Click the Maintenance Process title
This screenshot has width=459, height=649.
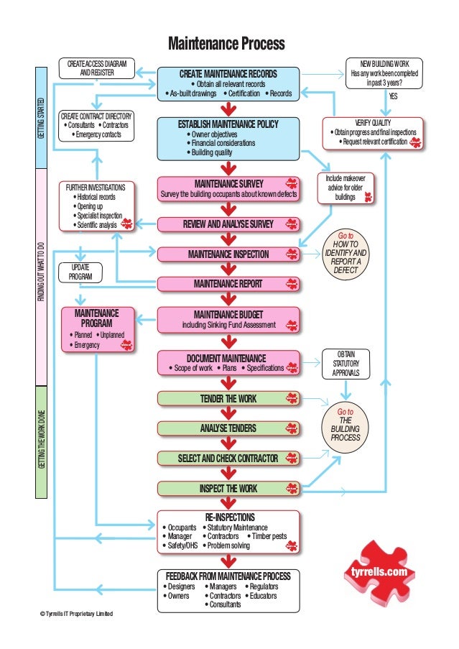point(226,45)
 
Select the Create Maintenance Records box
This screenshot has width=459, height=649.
point(228,83)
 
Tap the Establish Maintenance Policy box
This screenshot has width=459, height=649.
point(228,138)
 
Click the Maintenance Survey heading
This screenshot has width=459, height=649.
point(228,183)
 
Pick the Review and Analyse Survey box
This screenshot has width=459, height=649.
point(228,225)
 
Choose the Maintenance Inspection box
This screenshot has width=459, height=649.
point(228,254)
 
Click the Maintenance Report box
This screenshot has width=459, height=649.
point(228,283)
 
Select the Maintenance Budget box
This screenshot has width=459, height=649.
point(228,319)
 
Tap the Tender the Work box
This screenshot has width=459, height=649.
point(228,398)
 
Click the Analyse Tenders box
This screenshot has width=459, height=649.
point(228,428)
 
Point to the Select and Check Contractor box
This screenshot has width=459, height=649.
point(228,458)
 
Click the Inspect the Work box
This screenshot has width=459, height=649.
point(228,489)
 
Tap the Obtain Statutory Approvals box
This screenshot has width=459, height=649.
point(346,364)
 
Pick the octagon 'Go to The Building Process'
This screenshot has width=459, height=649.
point(346,425)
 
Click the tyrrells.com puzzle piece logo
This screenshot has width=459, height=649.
point(379,571)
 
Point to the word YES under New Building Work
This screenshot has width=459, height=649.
point(393,96)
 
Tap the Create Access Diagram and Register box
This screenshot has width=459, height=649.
point(96,68)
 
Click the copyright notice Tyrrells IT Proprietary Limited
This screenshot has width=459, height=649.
point(76,613)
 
